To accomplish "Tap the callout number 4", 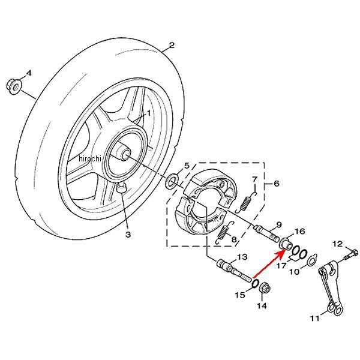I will [x=28, y=73].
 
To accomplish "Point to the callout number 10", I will [x=294, y=272].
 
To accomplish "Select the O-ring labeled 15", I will [x=256, y=283].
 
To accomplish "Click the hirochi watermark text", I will [x=91, y=158].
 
